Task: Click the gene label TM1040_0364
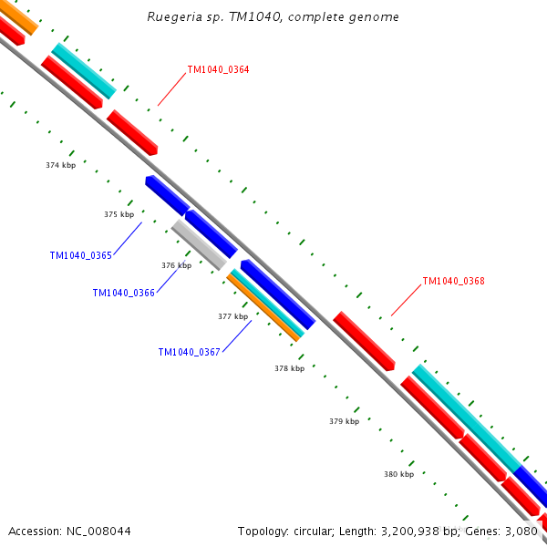[x=218, y=69]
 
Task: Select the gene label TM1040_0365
[x=80, y=255]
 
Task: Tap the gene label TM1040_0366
[x=123, y=293]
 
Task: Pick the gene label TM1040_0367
[x=189, y=352]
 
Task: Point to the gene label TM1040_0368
[x=453, y=281]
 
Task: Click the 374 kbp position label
[x=60, y=165]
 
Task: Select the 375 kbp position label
[x=119, y=214]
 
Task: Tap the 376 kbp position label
[x=176, y=265]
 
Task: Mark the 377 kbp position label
[x=232, y=316]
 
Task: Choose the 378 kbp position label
[x=289, y=368]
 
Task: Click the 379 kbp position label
[x=344, y=421]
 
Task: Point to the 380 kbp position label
[x=398, y=474]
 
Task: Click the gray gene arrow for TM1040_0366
[x=198, y=243]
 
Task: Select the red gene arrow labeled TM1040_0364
[x=132, y=131]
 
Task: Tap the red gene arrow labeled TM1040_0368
[x=363, y=340]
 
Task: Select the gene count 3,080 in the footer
[x=522, y=531]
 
